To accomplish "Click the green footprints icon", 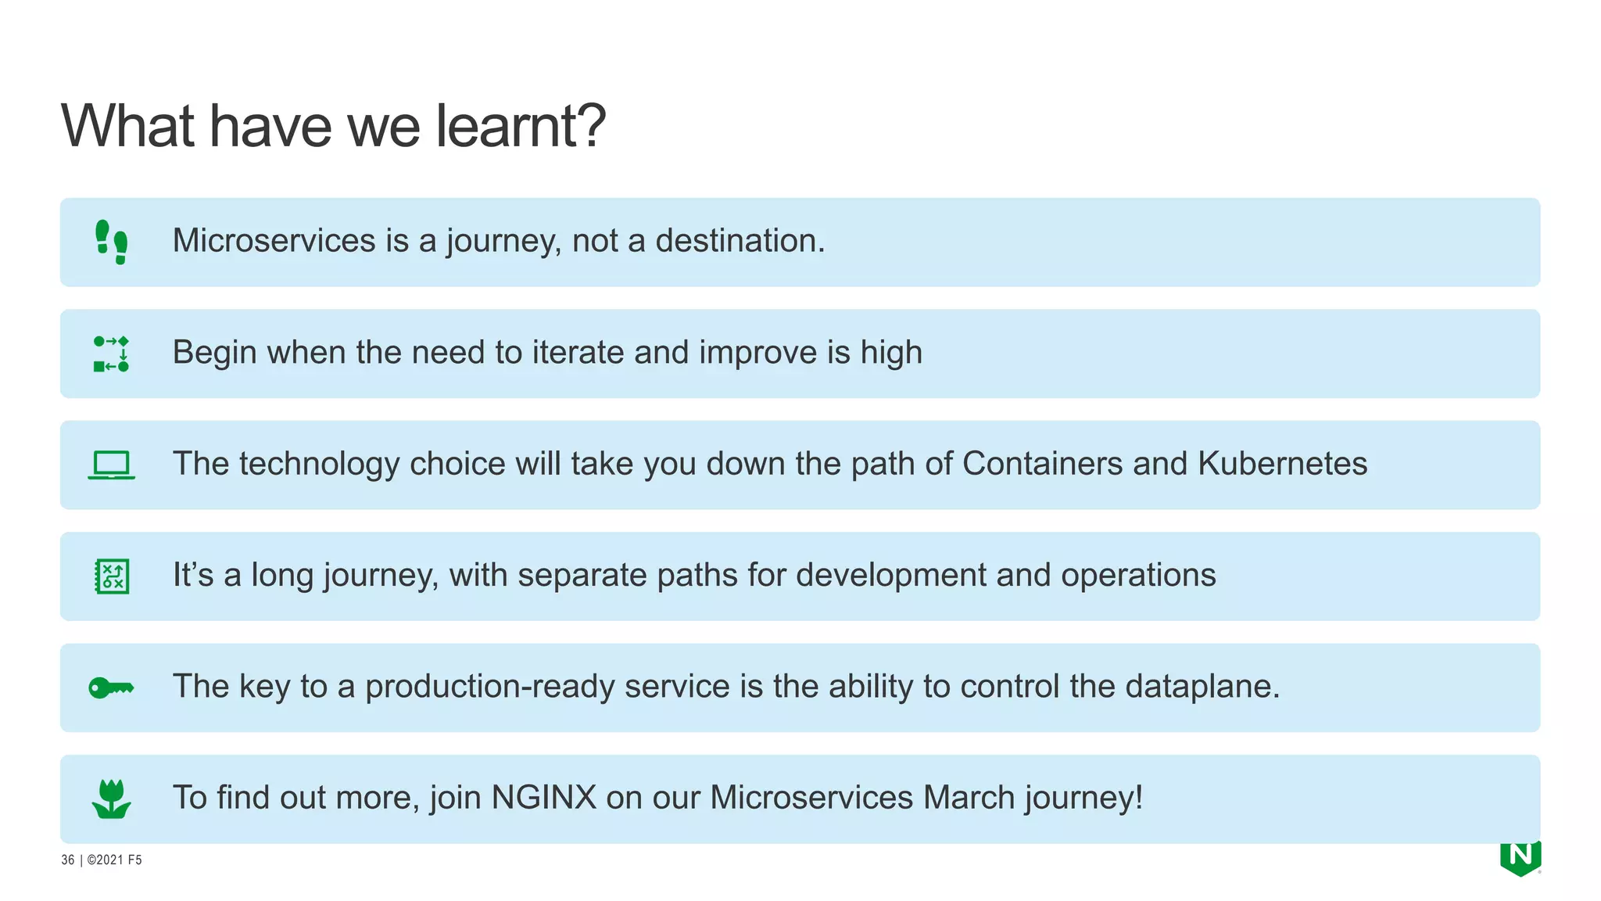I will coord(111,242).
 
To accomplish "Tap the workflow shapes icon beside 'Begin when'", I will coord(111,354).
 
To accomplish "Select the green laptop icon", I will coord(111,465).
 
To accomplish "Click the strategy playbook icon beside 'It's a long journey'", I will coord(112,576).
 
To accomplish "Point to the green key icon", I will coord(111,687).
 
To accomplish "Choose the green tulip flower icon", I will coord(111,799).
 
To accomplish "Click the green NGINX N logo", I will coord(1520,857).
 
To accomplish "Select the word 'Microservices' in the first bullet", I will coord(274,241).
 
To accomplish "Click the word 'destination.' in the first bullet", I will coord(740,241).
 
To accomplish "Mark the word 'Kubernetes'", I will coord(1282,464).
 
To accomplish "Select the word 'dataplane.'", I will coord(1202,687).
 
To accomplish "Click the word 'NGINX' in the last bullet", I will coord(543,798).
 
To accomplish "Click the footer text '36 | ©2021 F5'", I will coord(102,860).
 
